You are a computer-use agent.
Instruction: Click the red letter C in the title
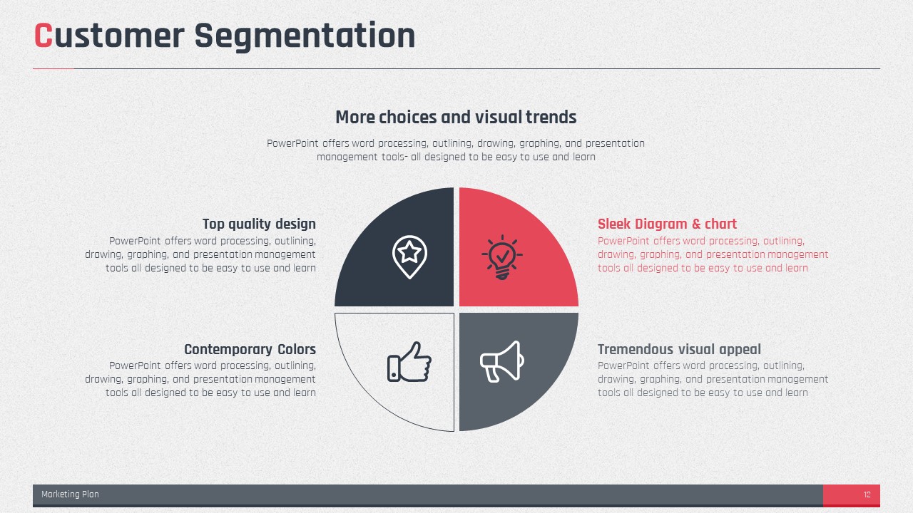(44, 36)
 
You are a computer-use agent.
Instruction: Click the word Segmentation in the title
(305, 37)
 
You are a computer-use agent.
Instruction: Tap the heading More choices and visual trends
(456, 118)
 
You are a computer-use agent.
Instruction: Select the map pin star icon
(409, 256)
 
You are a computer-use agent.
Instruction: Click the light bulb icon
(502, 257)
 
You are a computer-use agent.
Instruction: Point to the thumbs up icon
(409, 361)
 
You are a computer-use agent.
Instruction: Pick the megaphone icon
(501, 361)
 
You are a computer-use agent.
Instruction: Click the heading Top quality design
(259, 224)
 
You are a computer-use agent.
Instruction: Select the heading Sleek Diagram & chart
(667, 224)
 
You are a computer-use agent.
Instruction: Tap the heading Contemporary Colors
(250, 349)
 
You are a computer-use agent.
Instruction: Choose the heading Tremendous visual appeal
(679, 349)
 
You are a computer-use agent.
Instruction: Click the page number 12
(867, 494)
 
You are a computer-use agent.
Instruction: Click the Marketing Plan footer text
(70, 494)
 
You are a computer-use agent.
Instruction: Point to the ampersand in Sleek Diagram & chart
(696, 224)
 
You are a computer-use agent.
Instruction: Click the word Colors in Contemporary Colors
(297, 349)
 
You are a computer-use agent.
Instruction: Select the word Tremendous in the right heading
(636, 349)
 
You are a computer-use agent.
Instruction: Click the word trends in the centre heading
(551, 118)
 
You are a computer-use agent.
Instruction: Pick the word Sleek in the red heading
(614, 224)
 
